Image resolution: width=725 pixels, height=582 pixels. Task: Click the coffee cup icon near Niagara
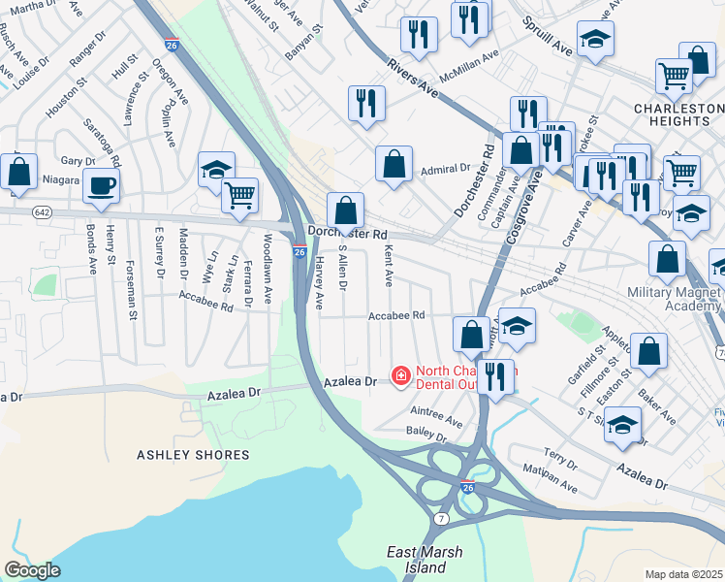click(x=100, y=186)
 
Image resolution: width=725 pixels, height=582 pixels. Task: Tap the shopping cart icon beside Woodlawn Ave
click(x=238, y=194)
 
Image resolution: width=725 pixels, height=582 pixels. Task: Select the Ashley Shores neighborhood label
click(x=175, y=454)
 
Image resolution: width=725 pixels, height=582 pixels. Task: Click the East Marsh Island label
click(x=425, y=560)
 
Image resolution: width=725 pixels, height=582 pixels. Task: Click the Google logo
click(x=32, y=569)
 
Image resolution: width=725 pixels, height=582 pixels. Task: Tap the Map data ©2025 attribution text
click(x=684, y=574)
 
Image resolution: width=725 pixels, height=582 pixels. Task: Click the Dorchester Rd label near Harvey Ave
click(x=347, y=234)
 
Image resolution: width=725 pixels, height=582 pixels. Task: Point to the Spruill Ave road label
click(x=547, y=34)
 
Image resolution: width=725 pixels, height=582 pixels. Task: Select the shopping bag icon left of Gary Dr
click(x=18, y=172)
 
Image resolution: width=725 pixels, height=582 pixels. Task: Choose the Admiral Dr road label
click(x=445, y=170)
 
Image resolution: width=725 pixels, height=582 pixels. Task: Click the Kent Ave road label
click(x=389, y=265)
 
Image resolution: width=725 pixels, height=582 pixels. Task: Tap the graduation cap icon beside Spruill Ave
click(x=595, y=39)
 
